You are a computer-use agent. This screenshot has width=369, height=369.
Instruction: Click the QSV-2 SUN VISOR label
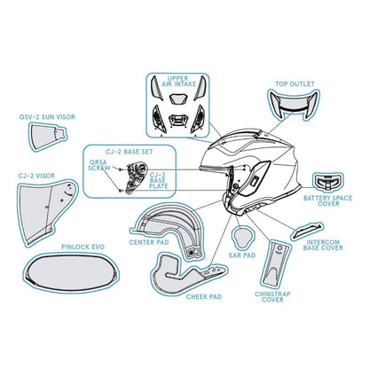point(47,117)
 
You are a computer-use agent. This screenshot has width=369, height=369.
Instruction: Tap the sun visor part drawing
point(47,137)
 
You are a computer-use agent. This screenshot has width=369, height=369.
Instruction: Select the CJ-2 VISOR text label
point(36,176)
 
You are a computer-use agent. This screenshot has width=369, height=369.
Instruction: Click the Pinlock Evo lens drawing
point(71,272)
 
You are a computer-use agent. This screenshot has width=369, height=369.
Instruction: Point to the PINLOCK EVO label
point(82,247)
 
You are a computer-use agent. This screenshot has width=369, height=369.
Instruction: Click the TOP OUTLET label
point(294,84)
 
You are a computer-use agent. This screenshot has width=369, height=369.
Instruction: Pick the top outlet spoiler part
point(294,105)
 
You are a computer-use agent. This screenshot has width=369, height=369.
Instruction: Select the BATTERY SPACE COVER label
point(328,200)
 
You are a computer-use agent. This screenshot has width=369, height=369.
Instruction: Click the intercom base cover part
point(307,232)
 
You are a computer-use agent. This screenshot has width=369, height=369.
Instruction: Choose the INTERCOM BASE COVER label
point(324,245)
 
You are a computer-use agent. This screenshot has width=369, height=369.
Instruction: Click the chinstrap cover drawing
point(275,264)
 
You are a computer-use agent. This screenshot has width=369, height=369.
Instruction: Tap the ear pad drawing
point(242,237)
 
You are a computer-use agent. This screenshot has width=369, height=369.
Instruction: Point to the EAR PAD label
point(242,255)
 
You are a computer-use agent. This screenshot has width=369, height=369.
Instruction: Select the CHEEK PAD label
point(204,296)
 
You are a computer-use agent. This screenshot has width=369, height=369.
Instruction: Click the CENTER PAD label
point(149,242)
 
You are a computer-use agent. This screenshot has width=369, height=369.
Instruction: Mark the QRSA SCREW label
point(98,165)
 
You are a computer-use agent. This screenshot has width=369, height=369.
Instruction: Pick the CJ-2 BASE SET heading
point(130,152)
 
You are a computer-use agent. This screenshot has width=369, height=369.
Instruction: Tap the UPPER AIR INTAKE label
point(178,82)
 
